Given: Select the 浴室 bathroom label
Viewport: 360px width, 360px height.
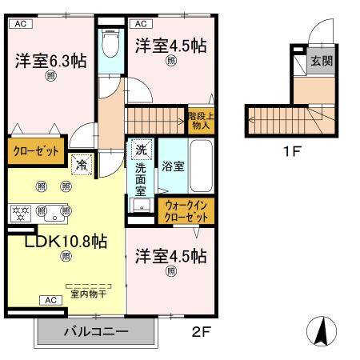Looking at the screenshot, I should (174, 167).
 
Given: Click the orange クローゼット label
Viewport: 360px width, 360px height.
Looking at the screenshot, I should (36, 150).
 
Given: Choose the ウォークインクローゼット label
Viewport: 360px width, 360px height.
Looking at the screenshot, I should (186, 210).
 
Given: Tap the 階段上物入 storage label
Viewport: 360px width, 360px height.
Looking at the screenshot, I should (201, 120).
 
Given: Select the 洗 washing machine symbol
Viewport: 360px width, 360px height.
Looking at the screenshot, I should (141, 149).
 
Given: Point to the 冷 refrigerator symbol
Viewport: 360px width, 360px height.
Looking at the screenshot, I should (81, 166).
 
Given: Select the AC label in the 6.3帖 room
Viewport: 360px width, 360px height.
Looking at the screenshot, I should (21, 24).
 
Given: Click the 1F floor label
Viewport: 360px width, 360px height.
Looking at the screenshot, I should (291, 151).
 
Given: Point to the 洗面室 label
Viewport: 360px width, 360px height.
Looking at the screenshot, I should (141, 180).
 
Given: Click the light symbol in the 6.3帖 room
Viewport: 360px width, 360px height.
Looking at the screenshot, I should (50, 78).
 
